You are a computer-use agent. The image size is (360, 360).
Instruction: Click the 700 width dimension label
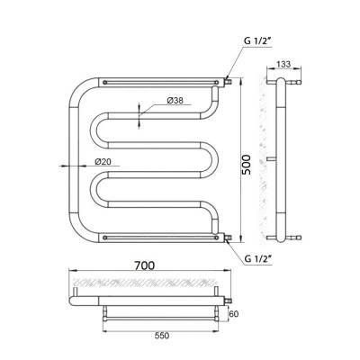145,265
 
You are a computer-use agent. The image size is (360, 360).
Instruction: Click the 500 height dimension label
247,165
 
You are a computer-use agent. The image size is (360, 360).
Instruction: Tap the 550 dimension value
162,336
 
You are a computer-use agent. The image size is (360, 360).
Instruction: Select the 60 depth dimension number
234,314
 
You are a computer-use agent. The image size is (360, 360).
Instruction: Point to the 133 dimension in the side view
283,64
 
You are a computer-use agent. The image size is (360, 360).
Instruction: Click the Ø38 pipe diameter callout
175,101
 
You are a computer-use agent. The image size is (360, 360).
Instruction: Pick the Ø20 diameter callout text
103,161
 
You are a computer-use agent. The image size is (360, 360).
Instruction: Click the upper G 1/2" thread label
257,41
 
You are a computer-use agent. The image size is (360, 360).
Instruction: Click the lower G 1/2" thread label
257,258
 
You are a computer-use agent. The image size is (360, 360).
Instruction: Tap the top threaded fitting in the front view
229,81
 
